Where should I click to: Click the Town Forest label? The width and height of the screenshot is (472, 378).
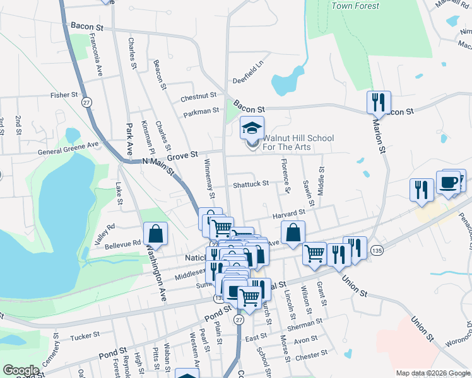click(x=355, y=6)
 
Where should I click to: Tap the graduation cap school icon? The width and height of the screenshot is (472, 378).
click(x=252, y=129)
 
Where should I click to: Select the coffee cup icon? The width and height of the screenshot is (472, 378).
click(x=449, y=183)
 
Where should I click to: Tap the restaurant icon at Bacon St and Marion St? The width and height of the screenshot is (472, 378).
click(x=379, y=101)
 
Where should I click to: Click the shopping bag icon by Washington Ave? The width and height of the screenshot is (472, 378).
click(x=155, y=234)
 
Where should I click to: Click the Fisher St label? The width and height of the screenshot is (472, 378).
click(x=65, y=95)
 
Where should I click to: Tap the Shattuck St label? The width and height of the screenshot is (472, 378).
click(x=251, y=184)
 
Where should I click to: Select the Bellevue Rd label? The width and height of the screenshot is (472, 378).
click(x=122, y=243)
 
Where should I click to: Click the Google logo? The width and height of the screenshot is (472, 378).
click(x=21, y=370)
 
